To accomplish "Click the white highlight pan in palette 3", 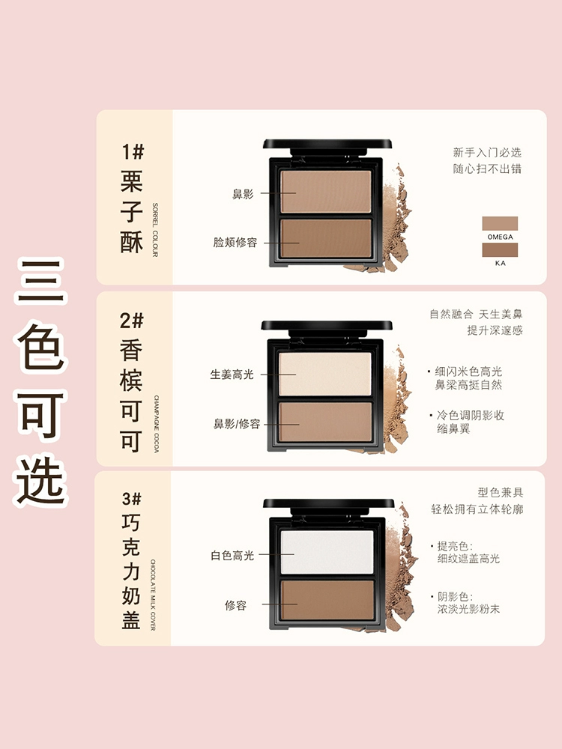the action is click(x=327, y=552).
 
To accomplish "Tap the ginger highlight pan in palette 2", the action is click(x=325, y=374).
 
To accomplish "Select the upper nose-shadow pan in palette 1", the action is click(x=325, y=191).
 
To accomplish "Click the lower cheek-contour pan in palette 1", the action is click(x=326, y=239).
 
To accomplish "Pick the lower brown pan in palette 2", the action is click(x=325, y=422).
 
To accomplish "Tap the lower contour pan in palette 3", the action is click(x=327, y=600).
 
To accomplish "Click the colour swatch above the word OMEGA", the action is click(x=500, y=223).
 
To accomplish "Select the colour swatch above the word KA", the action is click(x=500, y=250).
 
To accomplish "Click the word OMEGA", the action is click(x=501, y=237).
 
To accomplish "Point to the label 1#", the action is click(x=133, y=152).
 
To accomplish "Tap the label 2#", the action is click(x=131, y=321).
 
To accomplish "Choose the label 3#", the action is click(x=131, y=499).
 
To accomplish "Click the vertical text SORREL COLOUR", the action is click(x=155, y=230).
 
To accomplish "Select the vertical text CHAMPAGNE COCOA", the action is click(x=157, y=424).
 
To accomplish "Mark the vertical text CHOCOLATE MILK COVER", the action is click(x=154, y=595).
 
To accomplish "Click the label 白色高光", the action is click(x=232, y=556).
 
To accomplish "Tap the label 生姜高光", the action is click(x=232, y=374).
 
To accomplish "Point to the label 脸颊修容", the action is click(x=235, y=242).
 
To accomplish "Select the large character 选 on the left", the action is click(x=40, y=481).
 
